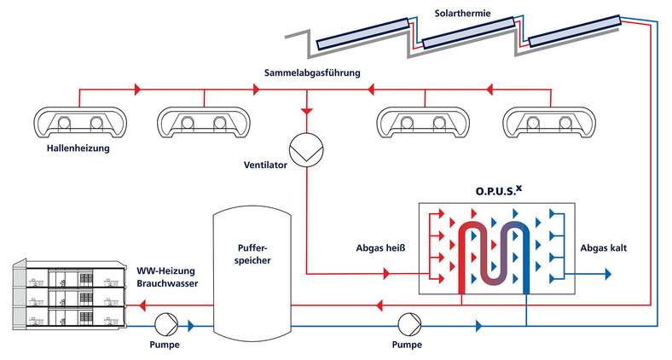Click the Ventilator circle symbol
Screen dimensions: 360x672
click(x=304, y=150)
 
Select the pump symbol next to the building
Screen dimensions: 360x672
click(x=165, y=325)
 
